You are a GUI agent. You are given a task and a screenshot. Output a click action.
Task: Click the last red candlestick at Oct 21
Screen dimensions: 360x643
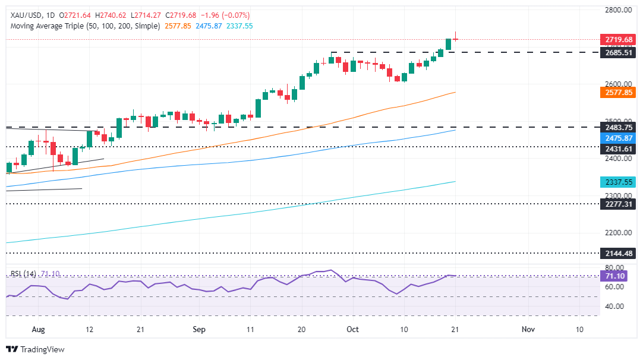(x=455, y=39)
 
